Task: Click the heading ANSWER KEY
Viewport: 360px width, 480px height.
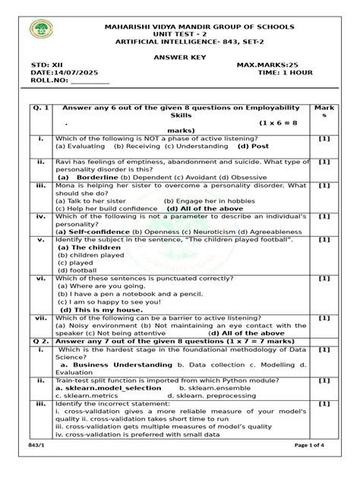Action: point(179,58)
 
